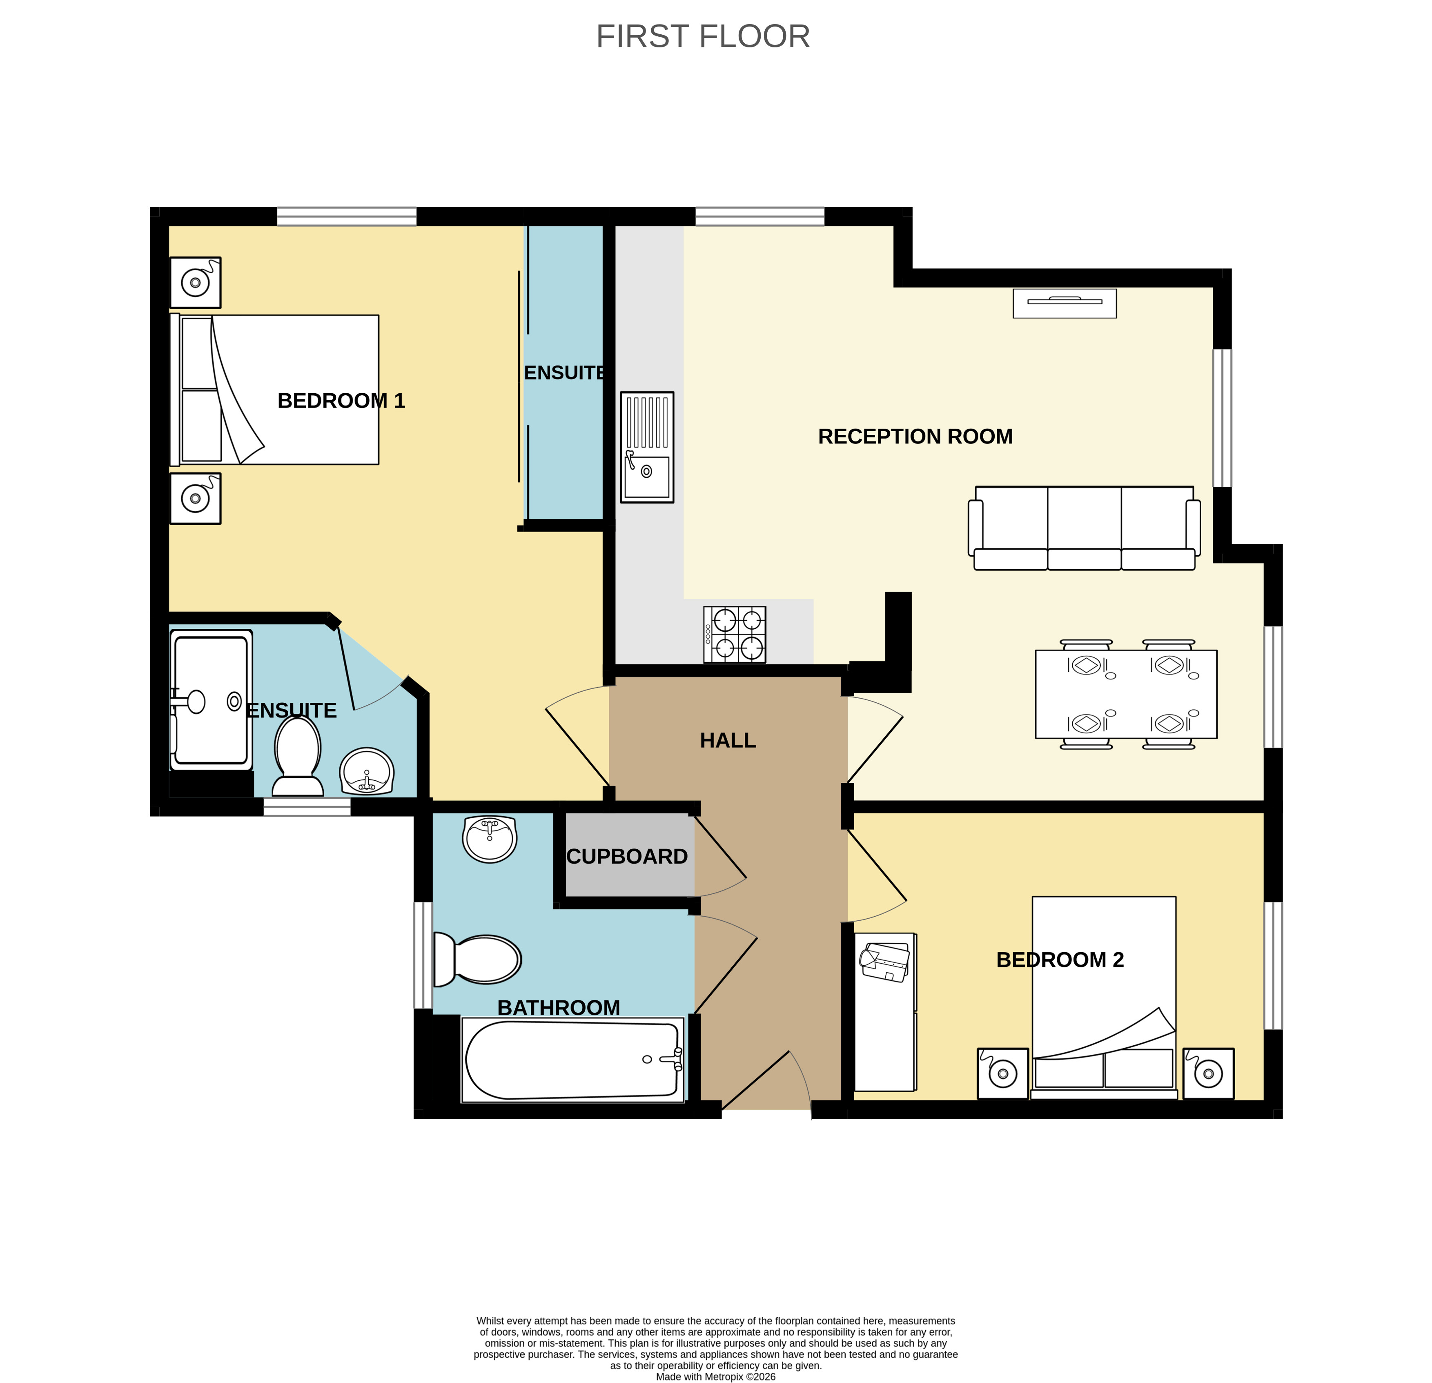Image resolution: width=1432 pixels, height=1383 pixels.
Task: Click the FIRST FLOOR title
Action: pyautogui.click(x=703, y=36)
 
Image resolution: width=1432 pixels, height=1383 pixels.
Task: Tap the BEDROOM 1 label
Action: pyautogui.click(x=341, y=400)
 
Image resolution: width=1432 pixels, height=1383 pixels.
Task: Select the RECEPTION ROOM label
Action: pyautogui.click(x=915, y=436)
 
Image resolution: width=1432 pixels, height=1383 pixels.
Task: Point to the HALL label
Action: pyautogui.click(x=728, y=740)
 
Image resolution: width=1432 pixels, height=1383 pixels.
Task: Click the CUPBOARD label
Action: pyautogui.click(x=627, y=856)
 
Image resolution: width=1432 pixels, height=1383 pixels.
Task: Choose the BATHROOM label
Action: pyautogui.click(x=559, y=1007)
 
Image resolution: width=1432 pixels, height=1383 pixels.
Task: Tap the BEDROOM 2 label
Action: pyautogui.click(x=1060, y=959)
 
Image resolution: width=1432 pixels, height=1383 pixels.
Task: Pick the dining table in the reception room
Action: pyautogui.click(x=1126, y=694)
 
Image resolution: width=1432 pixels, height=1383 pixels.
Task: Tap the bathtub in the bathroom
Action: pyautogui.click(x=573, y=1060)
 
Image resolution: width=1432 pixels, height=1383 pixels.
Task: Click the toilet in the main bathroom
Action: pyautogui.click(x=477, y=959)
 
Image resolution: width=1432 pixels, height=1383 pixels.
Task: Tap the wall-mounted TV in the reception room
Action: pyautogui.click(x=1065, y=303)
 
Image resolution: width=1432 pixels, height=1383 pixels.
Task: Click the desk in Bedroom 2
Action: pyautogui.click(x=885, y=1012)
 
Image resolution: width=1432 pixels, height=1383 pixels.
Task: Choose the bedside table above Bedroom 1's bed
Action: pyautogui.click(x=195, y=283)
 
